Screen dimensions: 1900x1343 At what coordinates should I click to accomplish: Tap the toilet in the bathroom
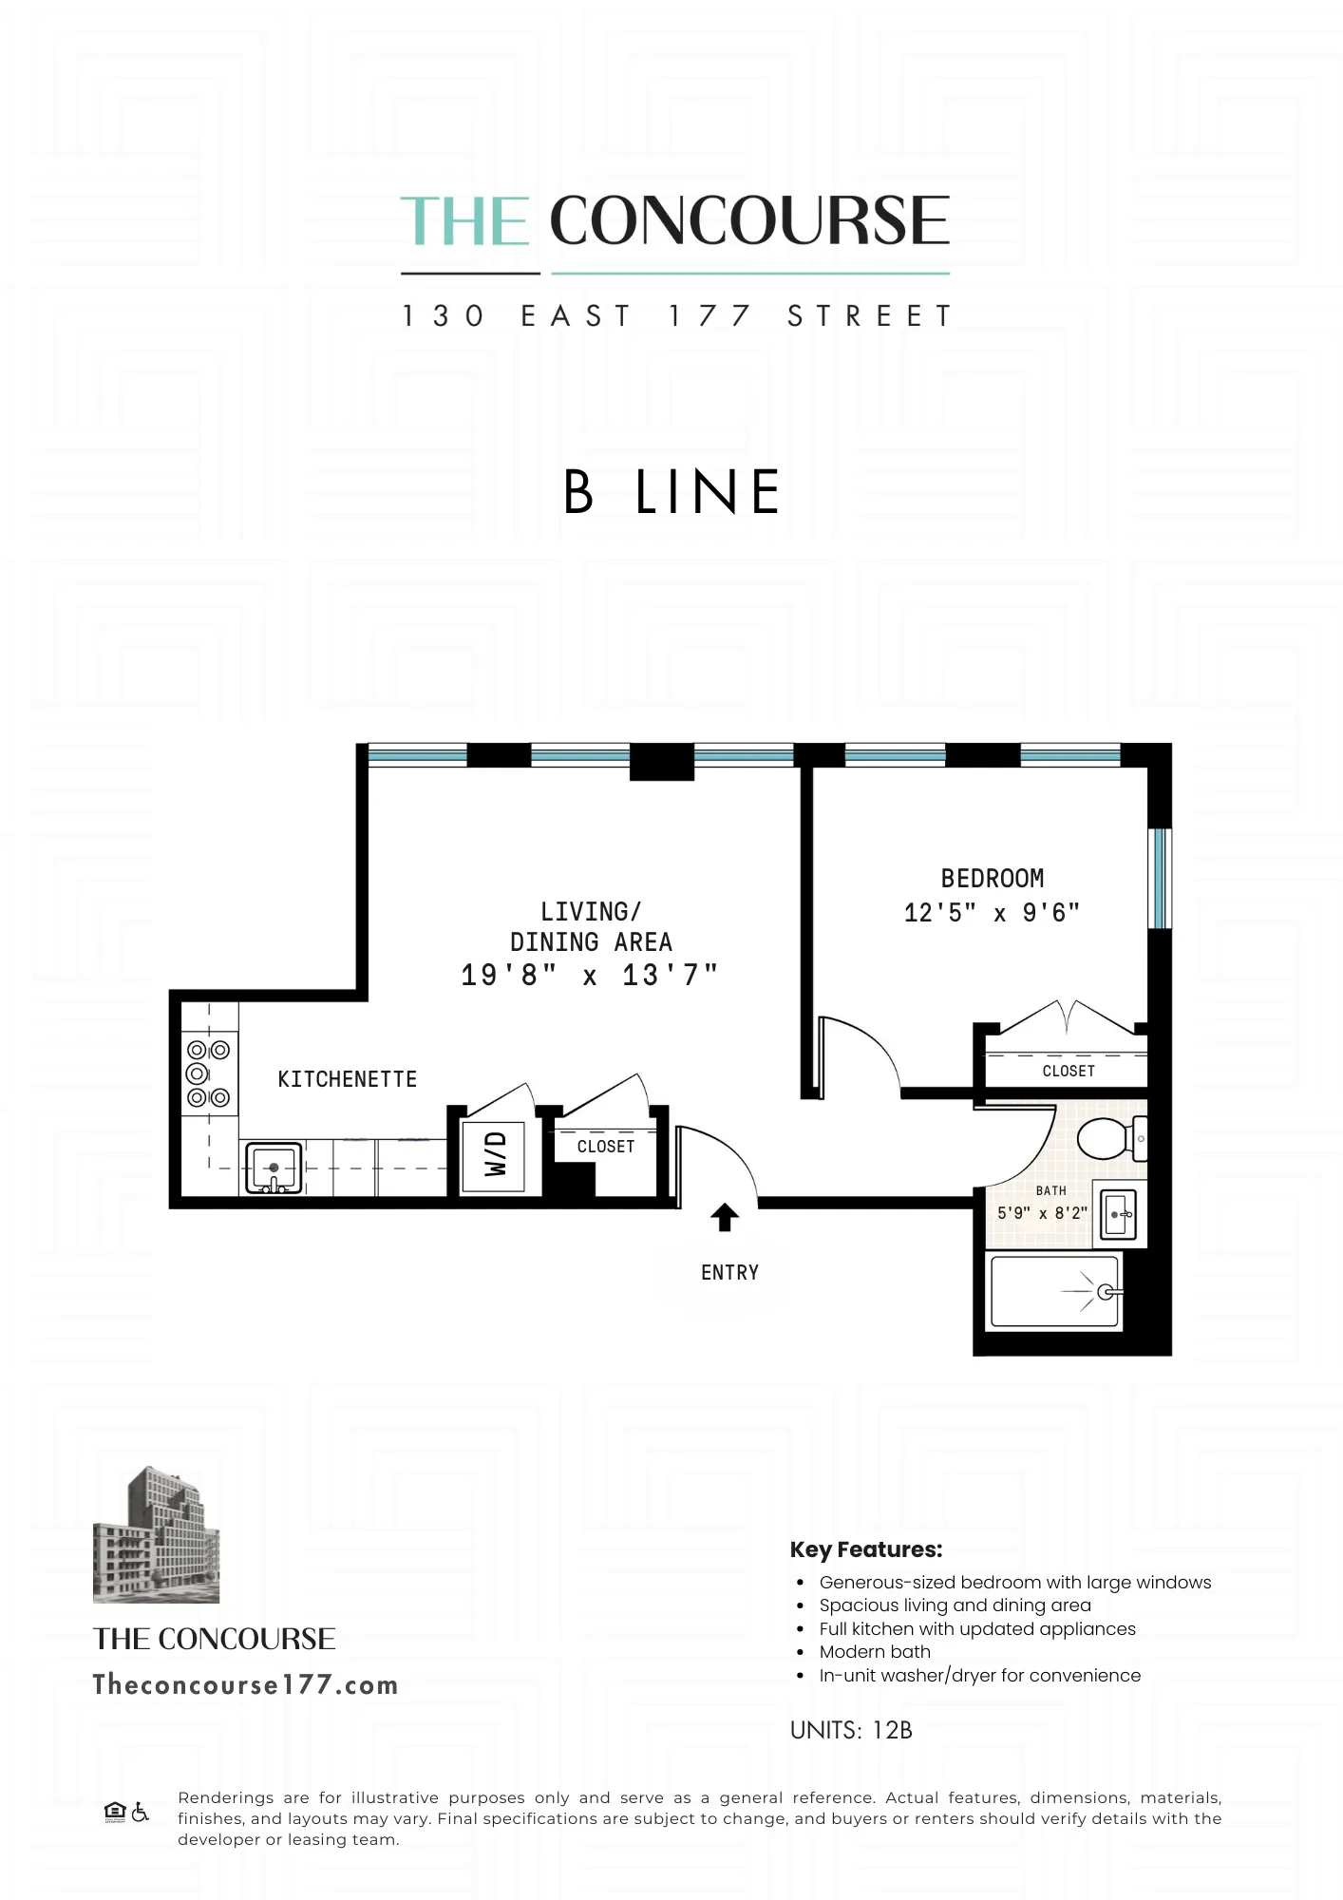tap(1107, 1138)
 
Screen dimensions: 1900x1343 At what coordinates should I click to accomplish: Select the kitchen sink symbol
tap(274, 1168)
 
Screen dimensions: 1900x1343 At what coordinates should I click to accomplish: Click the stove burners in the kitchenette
tap(208, 1073)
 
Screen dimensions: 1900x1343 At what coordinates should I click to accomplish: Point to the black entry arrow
tap(725, 1217)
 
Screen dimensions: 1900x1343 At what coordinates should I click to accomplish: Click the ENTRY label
tap(729, 1273)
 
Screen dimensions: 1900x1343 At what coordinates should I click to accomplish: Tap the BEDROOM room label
tap(992, 879)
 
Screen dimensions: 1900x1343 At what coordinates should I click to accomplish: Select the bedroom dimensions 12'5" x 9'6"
tap(992, 913)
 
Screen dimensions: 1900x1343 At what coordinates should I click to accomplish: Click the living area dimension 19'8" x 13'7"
tap(589, 976)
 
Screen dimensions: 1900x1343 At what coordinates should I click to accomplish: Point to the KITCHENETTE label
tap(347, 1079)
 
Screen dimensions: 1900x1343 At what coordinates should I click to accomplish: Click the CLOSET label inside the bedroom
tap(1069, 1071)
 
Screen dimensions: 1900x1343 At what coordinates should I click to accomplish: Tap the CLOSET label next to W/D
tap(605, 1147)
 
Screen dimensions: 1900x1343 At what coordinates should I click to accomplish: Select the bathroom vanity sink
tap(1119, 1214)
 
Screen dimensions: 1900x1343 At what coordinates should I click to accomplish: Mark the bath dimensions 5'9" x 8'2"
tap(1042, 1213)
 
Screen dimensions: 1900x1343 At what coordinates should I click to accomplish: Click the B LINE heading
tap(671, 492)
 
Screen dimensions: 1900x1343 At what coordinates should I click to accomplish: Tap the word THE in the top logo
tap(464, 221)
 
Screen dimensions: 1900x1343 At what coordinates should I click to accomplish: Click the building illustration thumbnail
tap(156, 1535)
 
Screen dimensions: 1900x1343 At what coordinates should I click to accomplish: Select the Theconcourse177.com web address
tap(245, 1685)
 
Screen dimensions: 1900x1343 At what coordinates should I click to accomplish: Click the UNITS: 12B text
tap(851, 1731)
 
